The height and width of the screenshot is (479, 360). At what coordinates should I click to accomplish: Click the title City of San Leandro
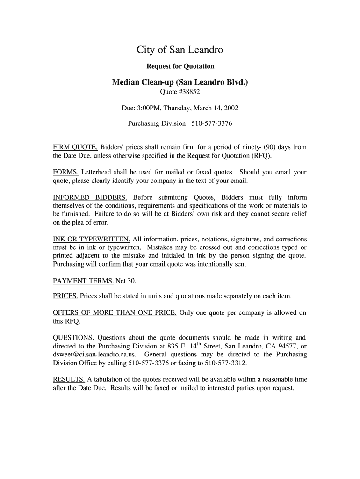click(x=180, y=50)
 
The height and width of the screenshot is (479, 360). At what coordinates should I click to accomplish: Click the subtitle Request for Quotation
click(x=180, y=66)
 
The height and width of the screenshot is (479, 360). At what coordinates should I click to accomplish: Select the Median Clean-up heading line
click(x=180, y=83)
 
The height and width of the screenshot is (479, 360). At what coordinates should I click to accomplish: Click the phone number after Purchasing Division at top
click(x=212, y=124)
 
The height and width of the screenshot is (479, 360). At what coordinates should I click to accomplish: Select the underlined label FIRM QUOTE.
click(x=75, y=147)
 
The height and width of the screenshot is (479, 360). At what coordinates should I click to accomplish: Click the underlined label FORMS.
click(x=66, y=172)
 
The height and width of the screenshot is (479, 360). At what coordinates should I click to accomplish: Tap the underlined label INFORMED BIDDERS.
click(x=90, y=197)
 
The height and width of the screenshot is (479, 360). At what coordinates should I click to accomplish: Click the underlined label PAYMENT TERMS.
click(x=84, y=281)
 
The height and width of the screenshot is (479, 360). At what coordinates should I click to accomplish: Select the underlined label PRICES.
click(x=65, y=296)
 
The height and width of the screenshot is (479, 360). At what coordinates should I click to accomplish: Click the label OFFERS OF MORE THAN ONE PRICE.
click(x=115, y=313)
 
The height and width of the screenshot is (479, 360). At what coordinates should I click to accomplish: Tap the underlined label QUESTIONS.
click(x=74, y=338)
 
